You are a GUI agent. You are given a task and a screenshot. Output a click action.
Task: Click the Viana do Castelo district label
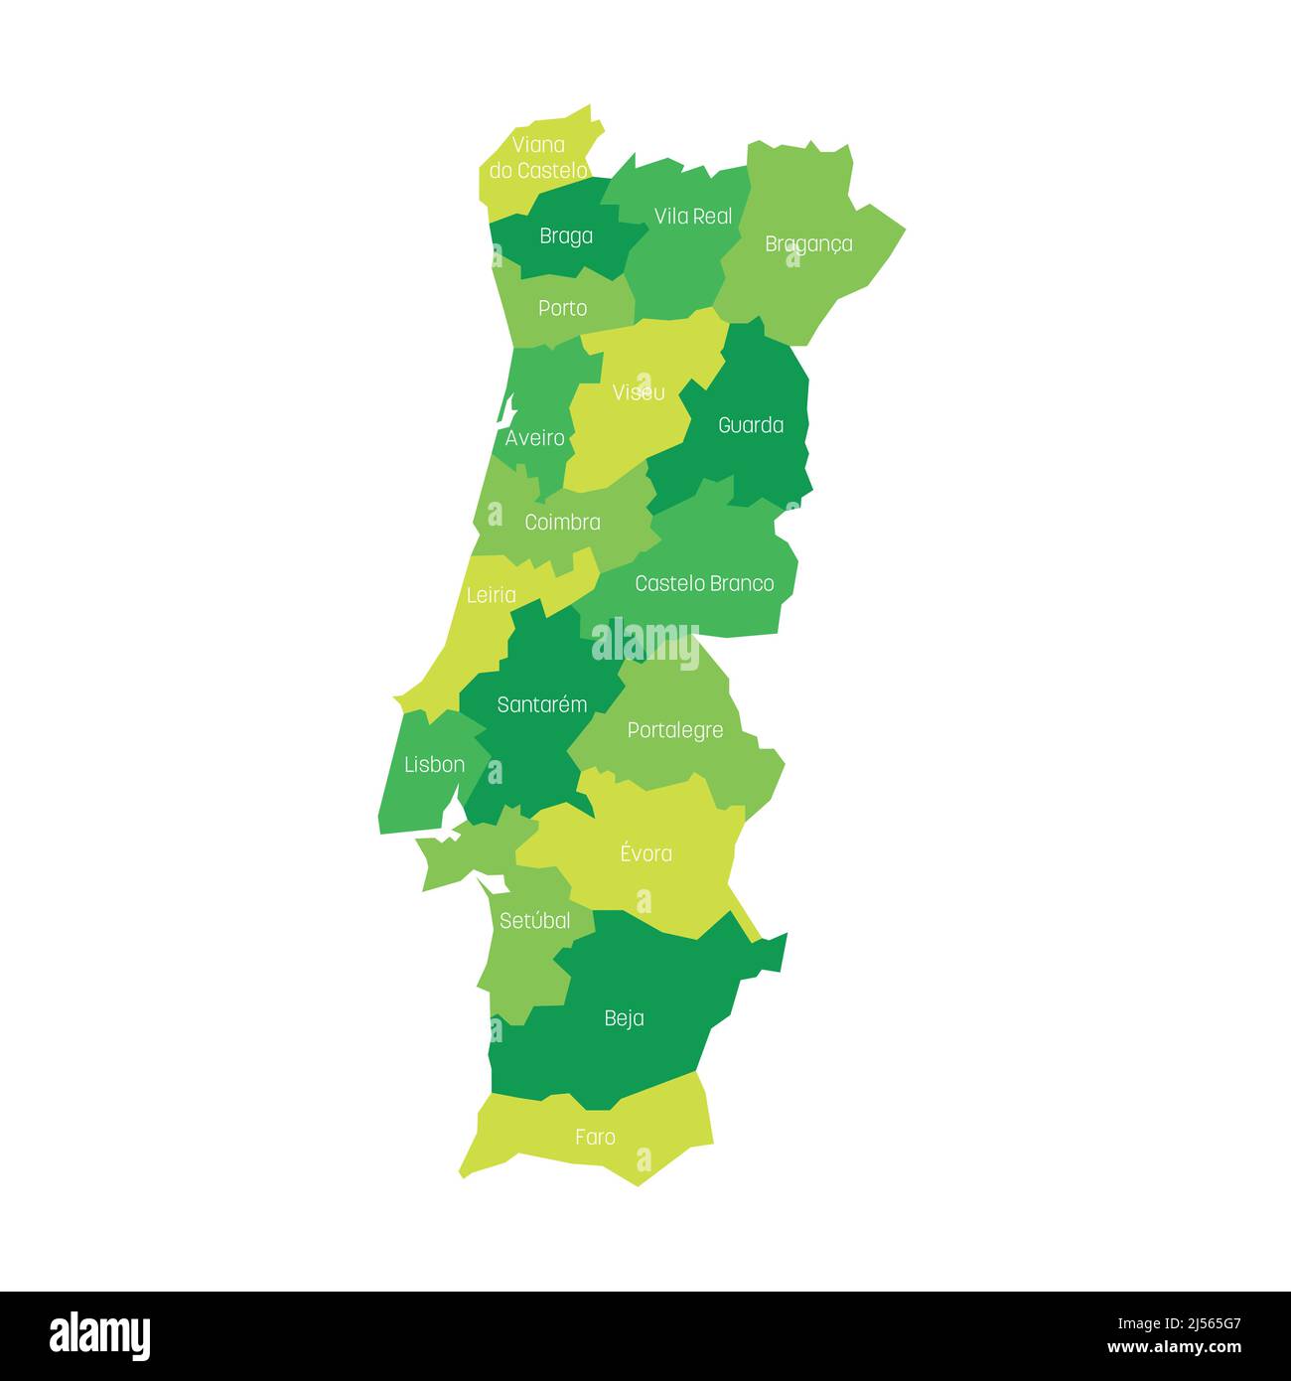538,158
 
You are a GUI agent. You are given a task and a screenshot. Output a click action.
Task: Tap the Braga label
566,236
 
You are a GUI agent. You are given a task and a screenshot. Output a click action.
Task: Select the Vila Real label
693,217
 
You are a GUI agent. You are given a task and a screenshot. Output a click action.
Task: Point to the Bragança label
808,244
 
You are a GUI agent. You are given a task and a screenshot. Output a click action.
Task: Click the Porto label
562,309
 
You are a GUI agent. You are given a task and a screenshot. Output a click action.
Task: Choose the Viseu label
639,392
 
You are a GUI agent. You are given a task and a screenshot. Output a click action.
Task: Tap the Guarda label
751,425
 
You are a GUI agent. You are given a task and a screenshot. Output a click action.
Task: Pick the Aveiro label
534,438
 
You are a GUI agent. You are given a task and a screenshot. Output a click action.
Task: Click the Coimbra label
562,523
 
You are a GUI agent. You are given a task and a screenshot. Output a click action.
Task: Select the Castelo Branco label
704,583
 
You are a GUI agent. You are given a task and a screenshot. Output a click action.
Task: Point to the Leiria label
491,595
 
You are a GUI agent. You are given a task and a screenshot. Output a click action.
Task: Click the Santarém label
542,705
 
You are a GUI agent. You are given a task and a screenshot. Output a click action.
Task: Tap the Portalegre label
675,731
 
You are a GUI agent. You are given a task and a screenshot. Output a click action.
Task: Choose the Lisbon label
434,765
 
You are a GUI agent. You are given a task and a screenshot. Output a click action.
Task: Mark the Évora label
645,853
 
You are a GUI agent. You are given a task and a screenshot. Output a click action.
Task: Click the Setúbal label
534,921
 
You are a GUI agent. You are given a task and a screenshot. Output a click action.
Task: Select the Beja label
624,1018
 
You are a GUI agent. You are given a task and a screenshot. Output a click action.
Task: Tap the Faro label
595,1138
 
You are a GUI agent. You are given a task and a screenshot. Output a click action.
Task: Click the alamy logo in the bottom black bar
100,1336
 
